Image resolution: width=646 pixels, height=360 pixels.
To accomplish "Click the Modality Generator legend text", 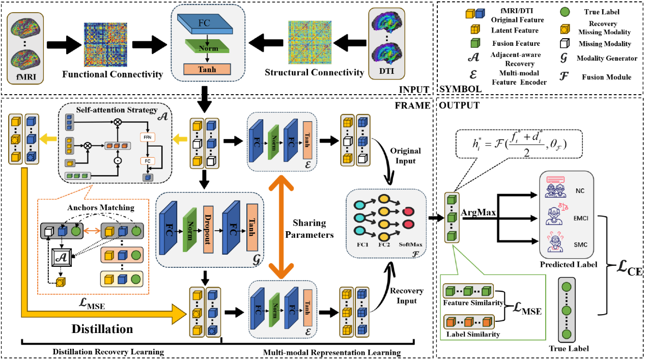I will [607, 59].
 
